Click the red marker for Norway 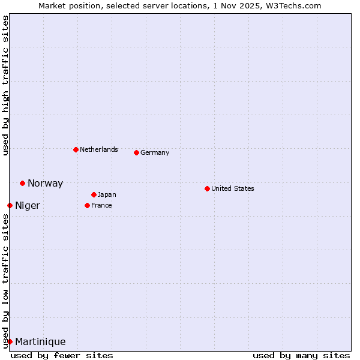tap(22, 183)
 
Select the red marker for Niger tap(10, 205)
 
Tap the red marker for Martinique tap(10, 341)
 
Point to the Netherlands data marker tap(76, 149)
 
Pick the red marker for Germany tap(136, 152)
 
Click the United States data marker tap(207, 188)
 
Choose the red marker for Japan tap(94, 194)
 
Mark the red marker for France tap(87, 205)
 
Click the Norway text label tap(45, 184)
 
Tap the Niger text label tap(28, 206)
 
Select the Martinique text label tap(40, 342)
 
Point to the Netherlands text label tap(99, 149)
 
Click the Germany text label tap(155, 152)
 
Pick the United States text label tap(233, 188)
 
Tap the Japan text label tap(107, 194)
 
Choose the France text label tap(101, 205)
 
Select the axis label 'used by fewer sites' tap(62, 355)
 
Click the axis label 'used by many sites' tap(301, 355)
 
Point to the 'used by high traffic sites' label tap(5, 85)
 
